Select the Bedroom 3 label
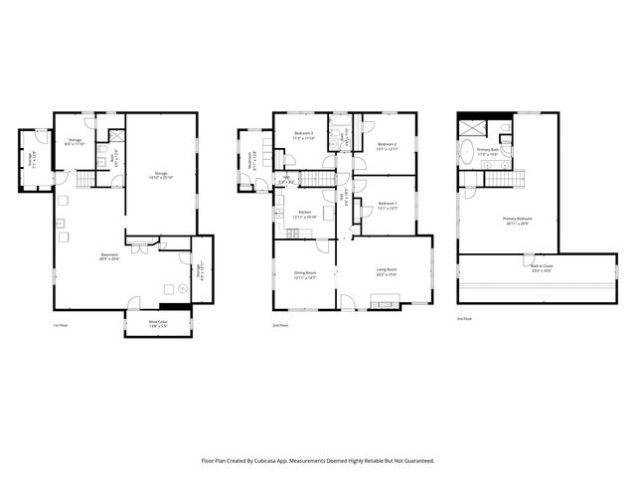(303, 134)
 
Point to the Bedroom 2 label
(388, 146)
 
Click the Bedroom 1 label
(388, 207)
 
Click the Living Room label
(386, 270)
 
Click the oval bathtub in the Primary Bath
(467, 152)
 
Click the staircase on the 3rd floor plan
(504, 179)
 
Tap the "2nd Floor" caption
(281, 325)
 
